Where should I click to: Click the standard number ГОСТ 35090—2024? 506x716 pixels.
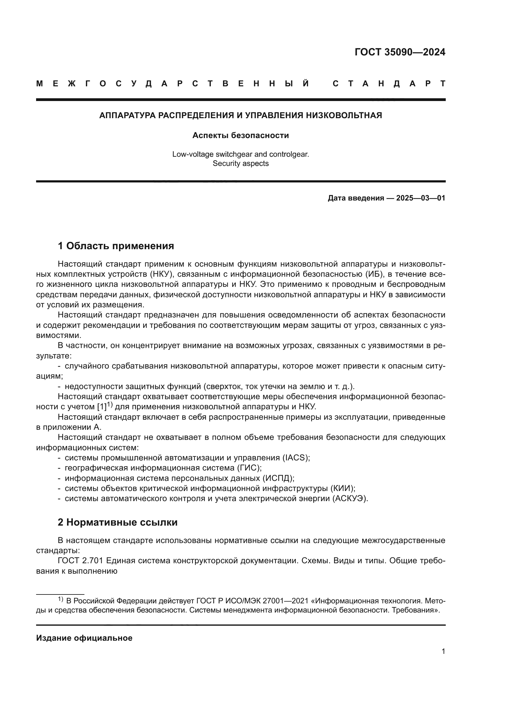400,52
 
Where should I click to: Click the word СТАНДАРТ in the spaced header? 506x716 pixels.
389,84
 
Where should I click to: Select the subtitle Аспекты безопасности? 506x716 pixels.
240,135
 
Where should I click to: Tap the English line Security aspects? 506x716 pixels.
240,163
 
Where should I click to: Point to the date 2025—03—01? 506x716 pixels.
421,198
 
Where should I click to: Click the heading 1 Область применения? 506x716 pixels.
116,246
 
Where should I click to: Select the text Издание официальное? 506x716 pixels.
84,638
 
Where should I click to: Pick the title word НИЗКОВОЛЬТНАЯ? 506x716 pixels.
344,115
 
